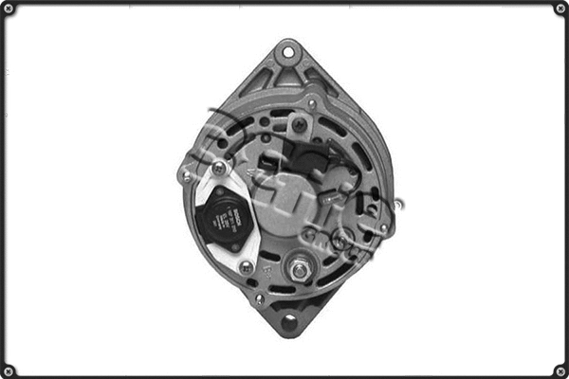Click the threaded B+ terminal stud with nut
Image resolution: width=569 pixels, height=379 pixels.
300,269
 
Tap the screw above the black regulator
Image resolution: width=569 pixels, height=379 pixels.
219,170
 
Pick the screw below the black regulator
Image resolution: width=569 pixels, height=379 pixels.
246,268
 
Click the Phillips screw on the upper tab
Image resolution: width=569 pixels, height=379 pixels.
300,124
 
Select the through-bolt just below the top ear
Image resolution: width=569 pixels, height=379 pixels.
312,102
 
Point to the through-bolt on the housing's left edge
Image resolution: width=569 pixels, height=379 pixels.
186,175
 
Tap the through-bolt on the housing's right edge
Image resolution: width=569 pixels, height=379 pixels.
384,228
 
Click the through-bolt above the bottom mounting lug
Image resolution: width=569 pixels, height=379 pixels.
260,299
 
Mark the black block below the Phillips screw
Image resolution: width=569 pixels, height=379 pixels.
303,157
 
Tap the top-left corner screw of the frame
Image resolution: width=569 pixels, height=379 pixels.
9,9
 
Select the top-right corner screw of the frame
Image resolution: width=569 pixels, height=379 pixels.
560,9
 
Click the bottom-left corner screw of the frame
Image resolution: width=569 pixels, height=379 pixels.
9,370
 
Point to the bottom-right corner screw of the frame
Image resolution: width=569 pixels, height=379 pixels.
560,370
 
